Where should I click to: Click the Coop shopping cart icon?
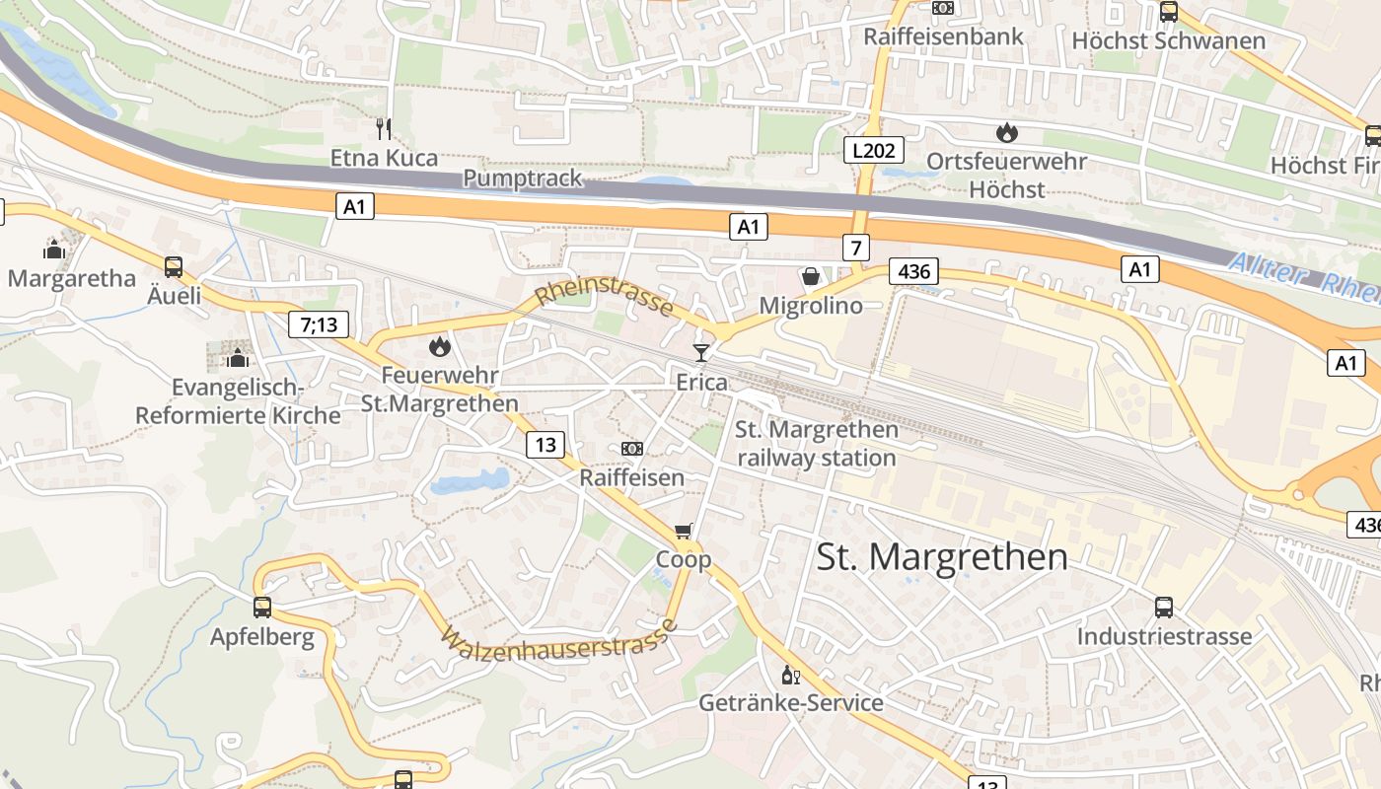click(684, 532)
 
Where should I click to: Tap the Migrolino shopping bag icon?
click(811, 276)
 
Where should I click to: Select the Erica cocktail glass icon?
click(701, 352)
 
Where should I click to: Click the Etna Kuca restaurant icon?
click(384, 127)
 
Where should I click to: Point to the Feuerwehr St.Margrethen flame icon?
click(439, 346)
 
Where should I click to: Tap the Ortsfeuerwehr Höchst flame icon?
click(1006, 132)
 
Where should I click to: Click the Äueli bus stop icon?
click(174, 266)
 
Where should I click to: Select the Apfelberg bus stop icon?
click(262, 608)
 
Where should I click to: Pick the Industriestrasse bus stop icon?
click(1164, 607)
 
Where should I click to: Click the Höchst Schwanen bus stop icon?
click(1169, 12)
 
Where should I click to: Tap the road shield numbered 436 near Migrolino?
click(912, 271)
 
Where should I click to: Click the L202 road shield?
click(873, 151)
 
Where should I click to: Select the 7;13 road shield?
click(319, 323)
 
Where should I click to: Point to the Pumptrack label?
click(523, 179)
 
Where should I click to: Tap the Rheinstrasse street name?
click(605, 293)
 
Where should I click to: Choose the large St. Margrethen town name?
click(942, 557)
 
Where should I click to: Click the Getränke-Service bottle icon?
click(790, 675)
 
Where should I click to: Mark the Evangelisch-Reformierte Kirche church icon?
click(237, 357)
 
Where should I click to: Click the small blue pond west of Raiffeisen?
click(470, 482)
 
